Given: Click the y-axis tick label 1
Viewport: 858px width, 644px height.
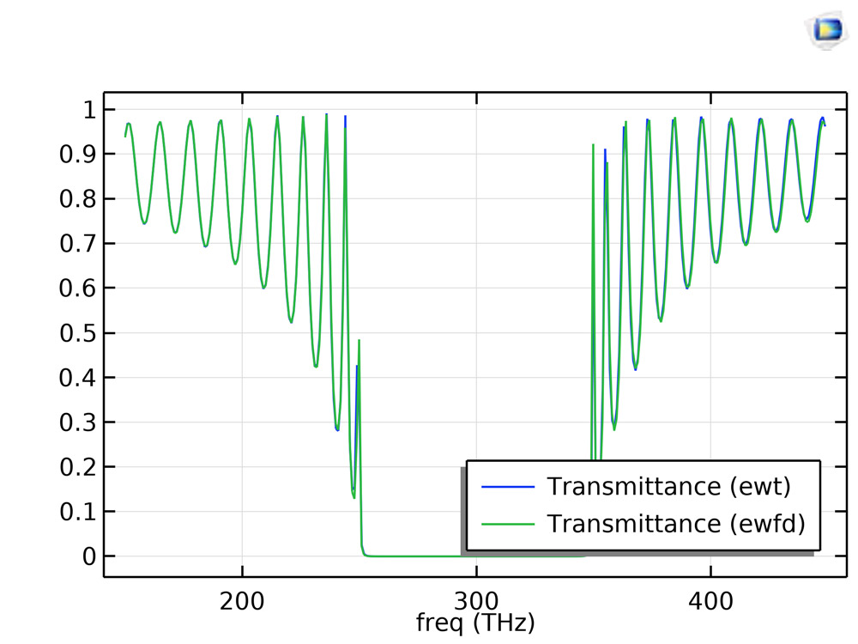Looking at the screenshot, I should [x=88, y=110].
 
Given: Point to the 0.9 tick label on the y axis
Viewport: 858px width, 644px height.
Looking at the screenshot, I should [x=76, y=155].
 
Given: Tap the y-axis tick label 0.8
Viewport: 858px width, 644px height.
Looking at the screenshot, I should [x=76, y=199].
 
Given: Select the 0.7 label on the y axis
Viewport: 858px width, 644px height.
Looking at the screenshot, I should [x=76, y=244].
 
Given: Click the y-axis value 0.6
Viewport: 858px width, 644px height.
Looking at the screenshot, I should [x=76, y=289].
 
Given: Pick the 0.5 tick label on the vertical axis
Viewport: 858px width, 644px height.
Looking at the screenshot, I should [x=76, y=333].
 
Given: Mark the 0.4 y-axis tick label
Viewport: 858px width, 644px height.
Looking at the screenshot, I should [x=76, y=378].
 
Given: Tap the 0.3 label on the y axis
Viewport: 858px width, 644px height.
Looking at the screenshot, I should [x=76, y=422].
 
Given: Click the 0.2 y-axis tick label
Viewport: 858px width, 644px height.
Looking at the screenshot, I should [x=76, y=467].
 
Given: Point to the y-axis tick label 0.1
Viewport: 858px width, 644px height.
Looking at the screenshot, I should [x=76, y=512].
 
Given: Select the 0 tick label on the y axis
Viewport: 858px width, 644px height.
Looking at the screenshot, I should [x=88, y=556].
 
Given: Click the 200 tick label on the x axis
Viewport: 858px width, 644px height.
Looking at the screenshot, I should [x=242, y=600].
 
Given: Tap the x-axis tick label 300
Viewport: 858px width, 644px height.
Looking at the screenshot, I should [x=476, y=600].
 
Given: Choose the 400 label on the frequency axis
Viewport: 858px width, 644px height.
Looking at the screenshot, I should [x=710, y=600].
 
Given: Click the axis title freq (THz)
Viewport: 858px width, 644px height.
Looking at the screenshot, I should [x=474, y=622].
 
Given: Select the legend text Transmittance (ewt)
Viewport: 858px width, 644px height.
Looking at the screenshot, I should [x=668, y=487].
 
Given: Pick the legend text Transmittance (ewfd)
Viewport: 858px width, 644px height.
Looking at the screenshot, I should [x=676, y=523].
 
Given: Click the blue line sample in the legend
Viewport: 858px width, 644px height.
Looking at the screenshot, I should [x=508, y=487].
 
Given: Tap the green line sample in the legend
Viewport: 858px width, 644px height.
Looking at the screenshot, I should [x=508, y=523].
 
